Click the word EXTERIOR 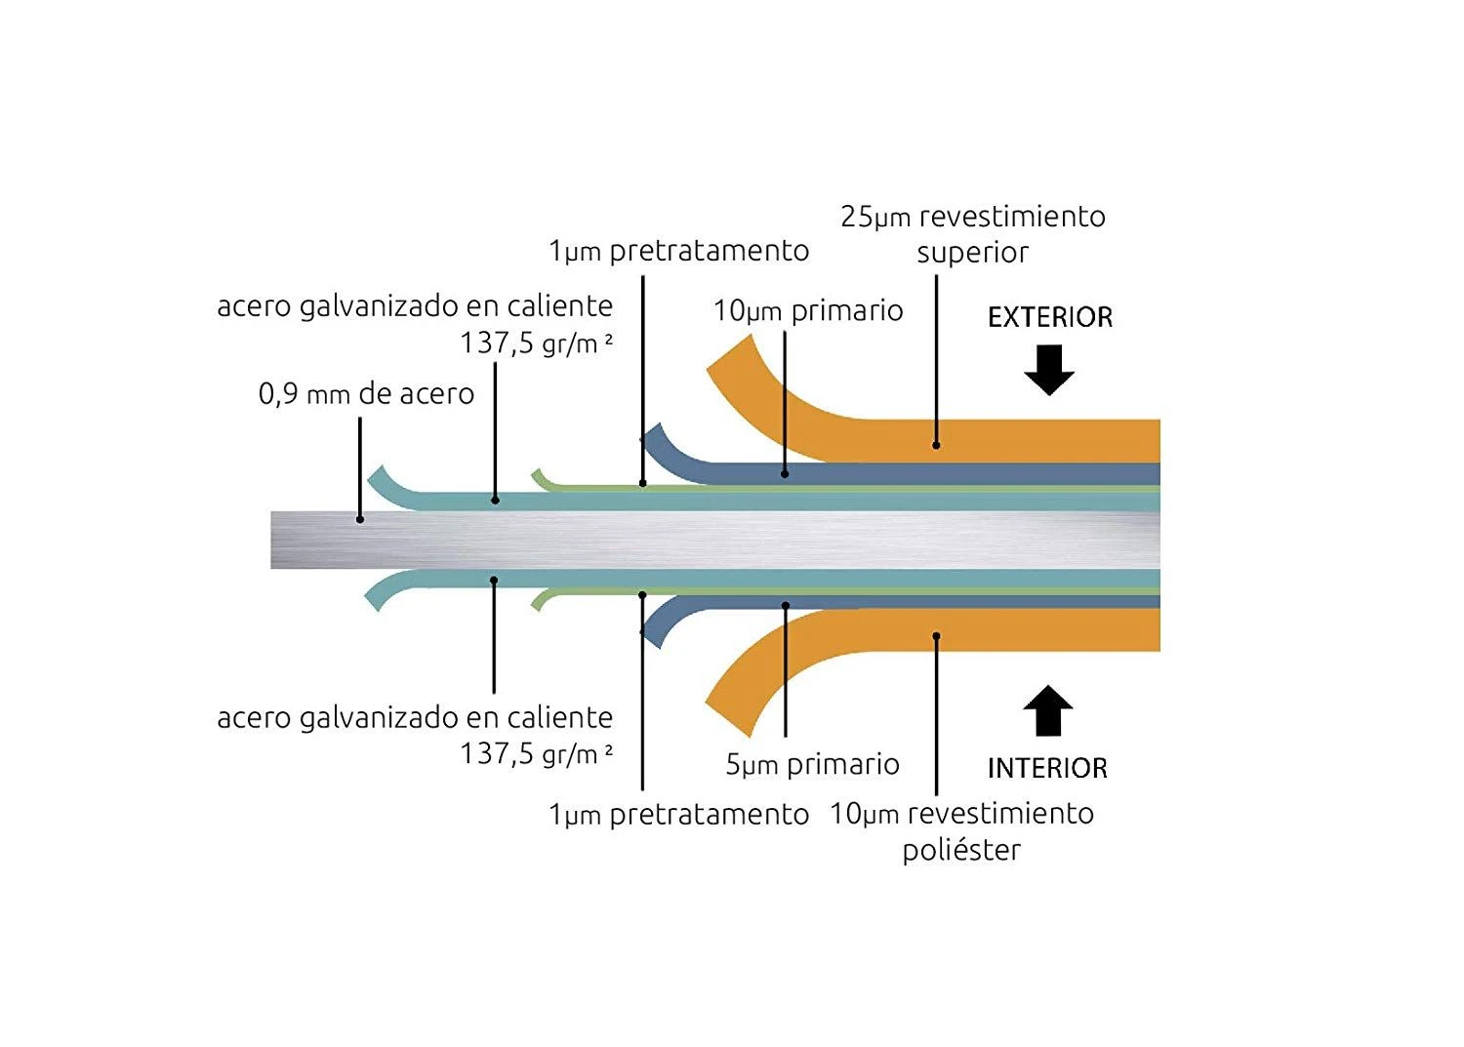(1049, 317)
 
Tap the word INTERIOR (1047, 768)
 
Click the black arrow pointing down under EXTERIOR (1049, 370)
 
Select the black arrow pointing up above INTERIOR (1048, 709)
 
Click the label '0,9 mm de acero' (366, 394)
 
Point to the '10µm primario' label (808, 311)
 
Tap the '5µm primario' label (812, 764)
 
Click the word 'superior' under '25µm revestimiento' (972, 253)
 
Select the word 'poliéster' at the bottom (961, 850)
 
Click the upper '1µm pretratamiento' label (678, 252)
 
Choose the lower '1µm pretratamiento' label (678, 815)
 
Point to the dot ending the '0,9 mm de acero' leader (360, 519)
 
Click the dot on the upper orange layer (936, 445)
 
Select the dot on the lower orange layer (936, 636)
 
